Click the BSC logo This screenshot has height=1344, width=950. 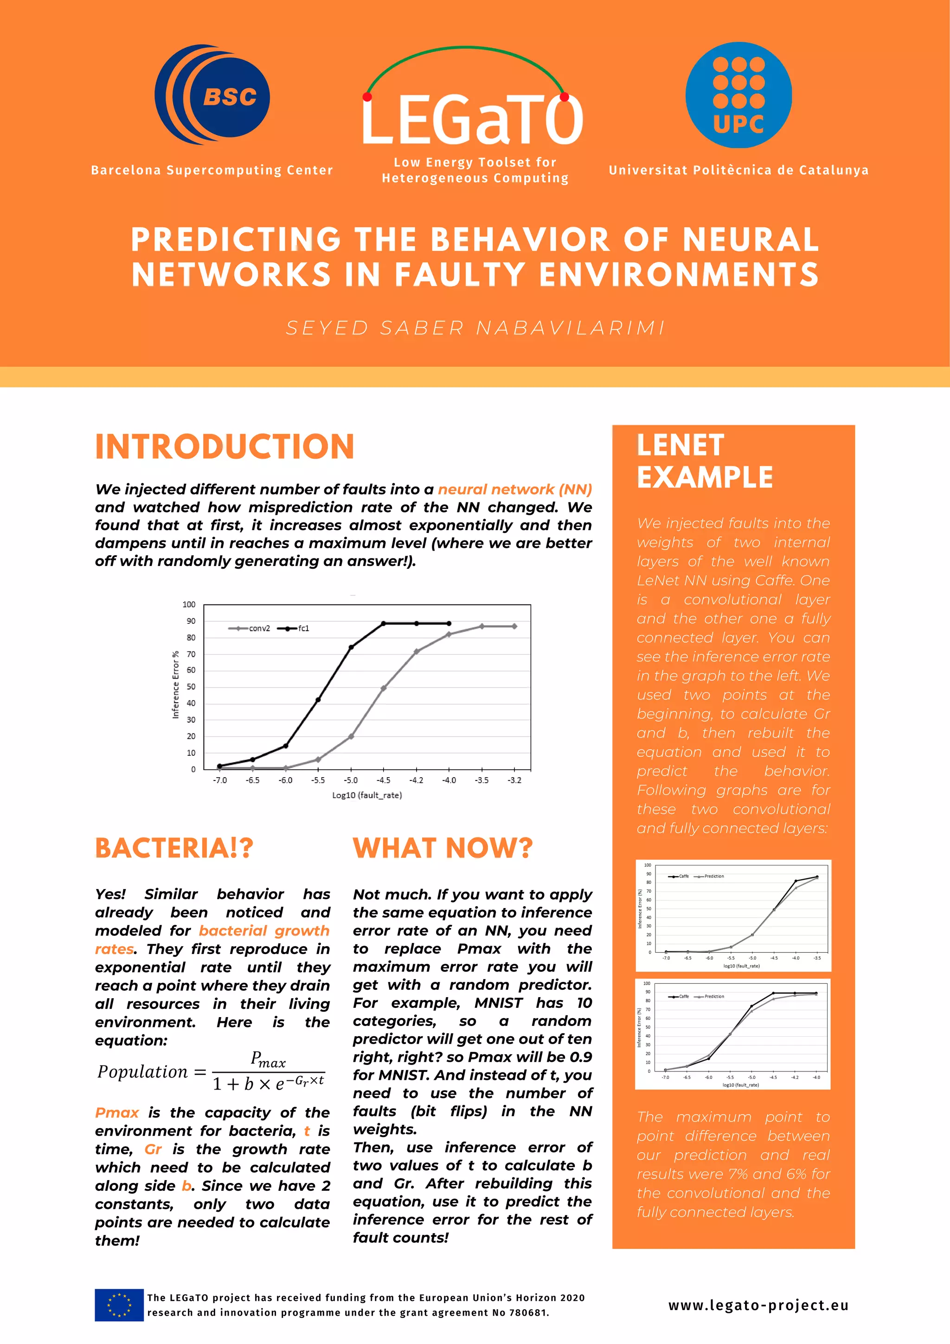click(212, 94)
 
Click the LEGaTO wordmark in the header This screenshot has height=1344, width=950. click(472, 121)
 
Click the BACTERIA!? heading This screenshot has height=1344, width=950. click(174, 848)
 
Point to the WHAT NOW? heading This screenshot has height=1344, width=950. click(443, 848)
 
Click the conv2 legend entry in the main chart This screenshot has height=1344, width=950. click(250, 628)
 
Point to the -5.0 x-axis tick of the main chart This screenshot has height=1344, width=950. click(350, 780)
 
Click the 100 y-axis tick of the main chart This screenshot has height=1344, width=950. click(189, 604)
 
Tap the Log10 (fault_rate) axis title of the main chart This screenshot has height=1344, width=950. click(367, 795)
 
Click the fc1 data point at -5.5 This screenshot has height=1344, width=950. click(318, 700)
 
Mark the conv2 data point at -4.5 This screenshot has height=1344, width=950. click(383, 688)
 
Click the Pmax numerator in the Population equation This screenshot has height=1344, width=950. click(268, 1059)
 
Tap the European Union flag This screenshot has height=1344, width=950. click(119, 1305)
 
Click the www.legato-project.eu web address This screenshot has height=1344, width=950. click(758, 1305)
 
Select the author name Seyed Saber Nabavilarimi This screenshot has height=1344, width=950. click(475, 328)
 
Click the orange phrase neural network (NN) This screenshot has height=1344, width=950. click(515, 489)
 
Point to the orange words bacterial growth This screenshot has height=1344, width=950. click(264, 931)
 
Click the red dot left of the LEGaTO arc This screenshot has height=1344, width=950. click(367, 97)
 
